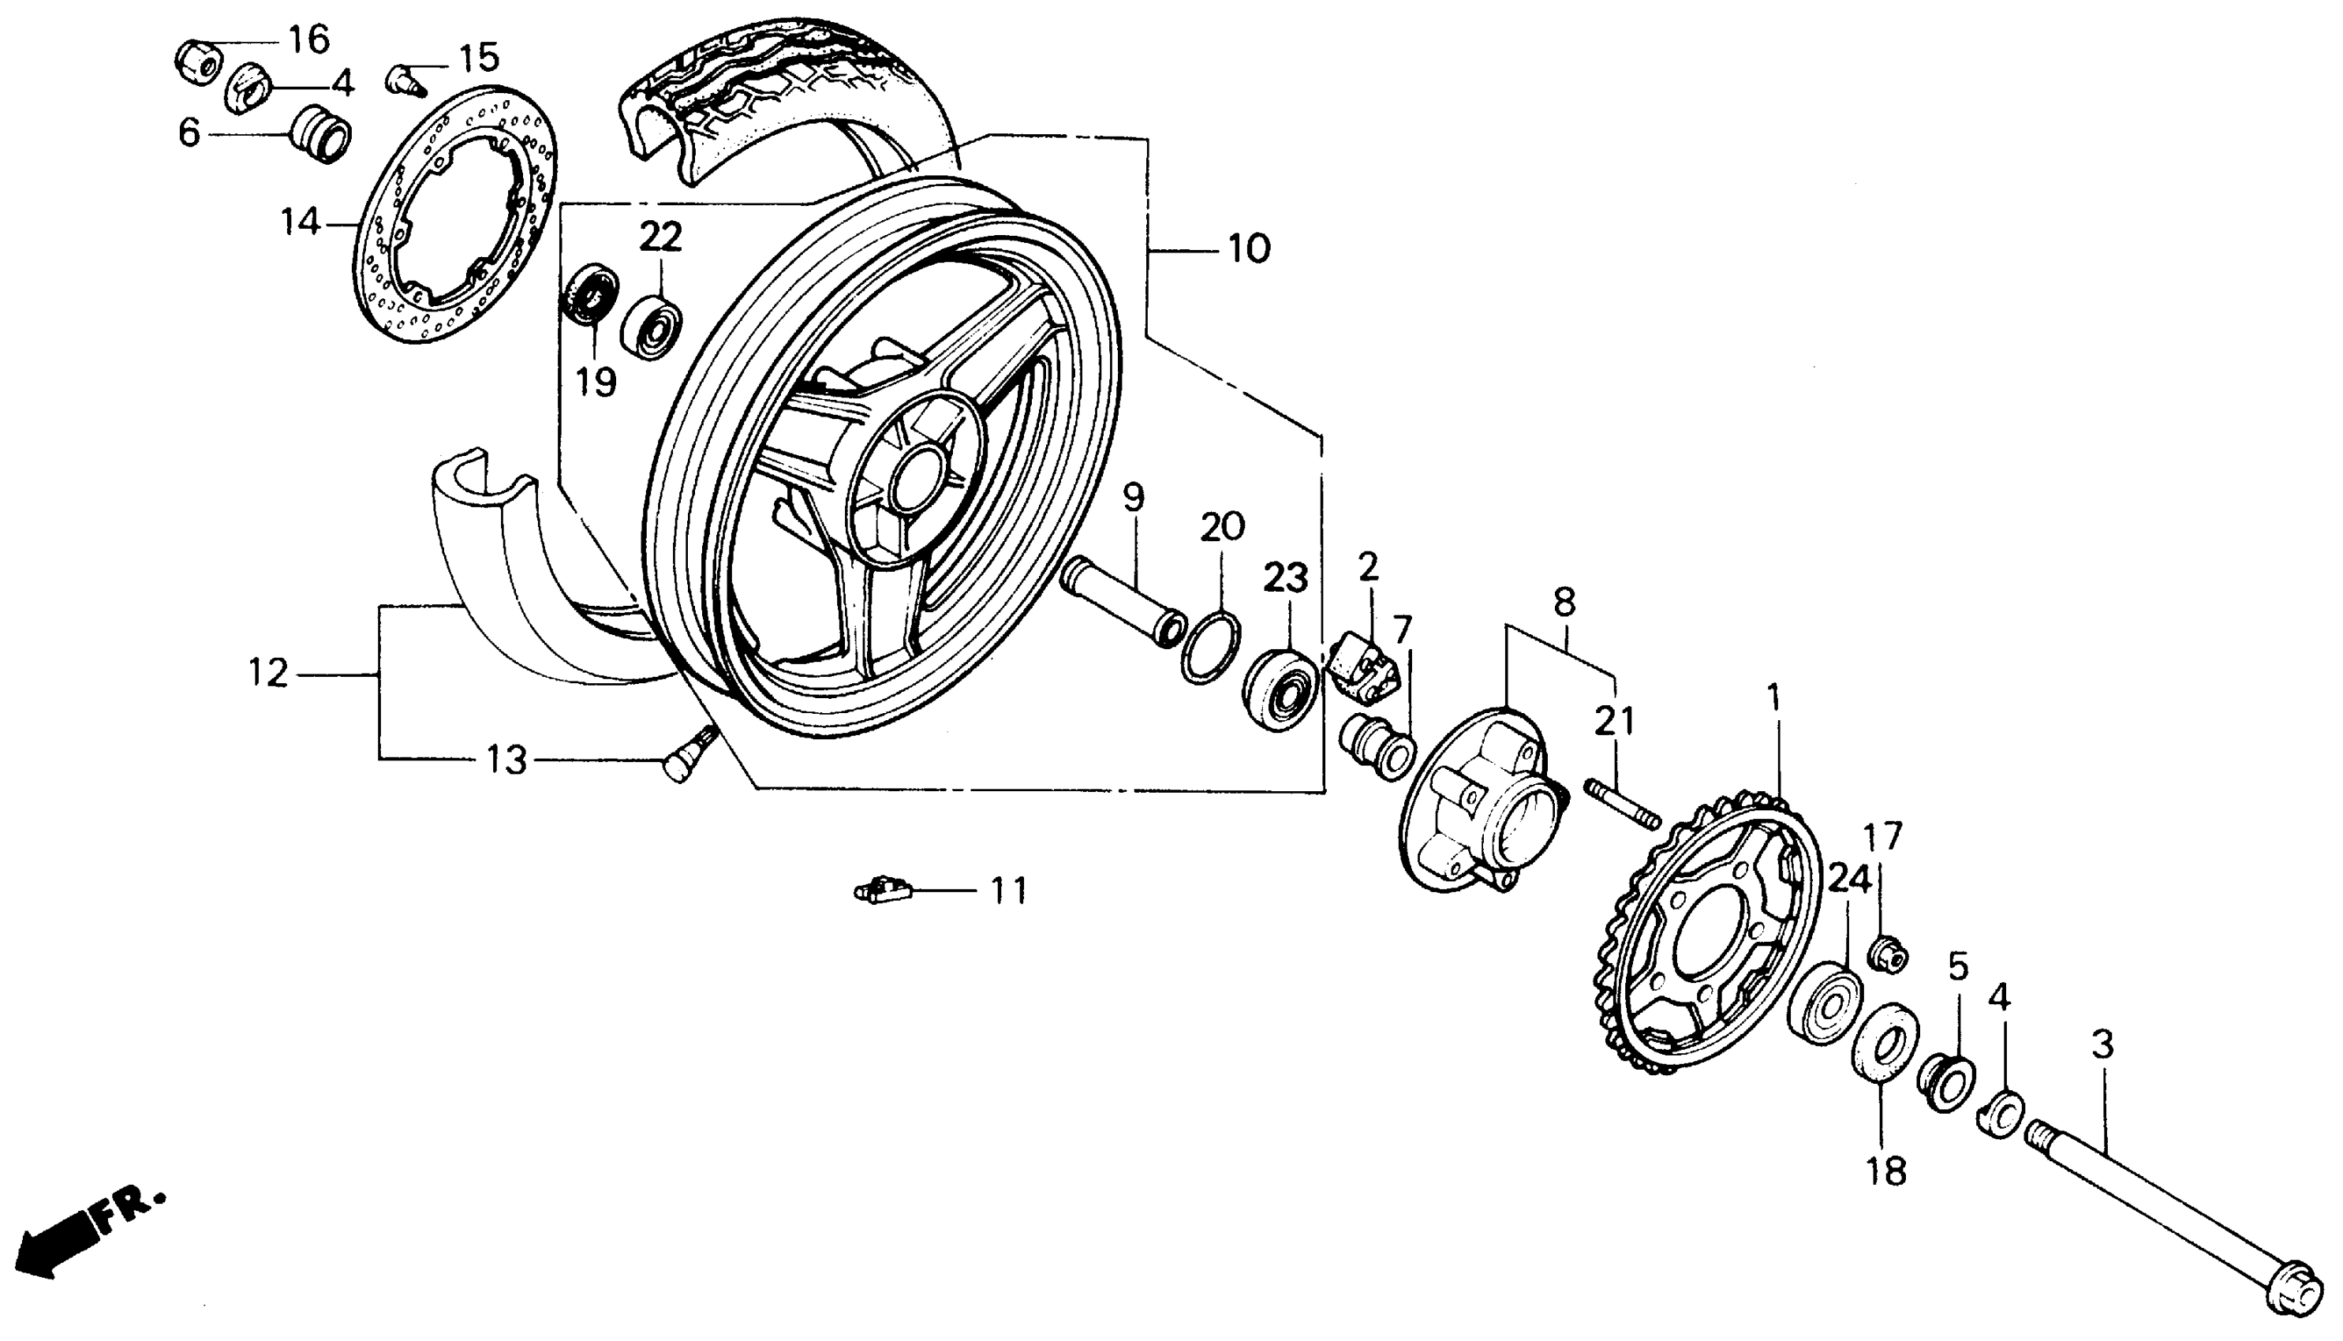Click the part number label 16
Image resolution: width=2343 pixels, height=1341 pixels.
[308, 39]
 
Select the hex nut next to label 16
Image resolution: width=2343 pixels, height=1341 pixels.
[198, 61]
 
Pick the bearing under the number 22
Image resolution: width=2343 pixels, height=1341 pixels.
[652, 326]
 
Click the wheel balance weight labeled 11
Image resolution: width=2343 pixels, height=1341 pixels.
[884, 891]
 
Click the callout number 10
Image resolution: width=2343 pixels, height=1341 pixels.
[1249, 248]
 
